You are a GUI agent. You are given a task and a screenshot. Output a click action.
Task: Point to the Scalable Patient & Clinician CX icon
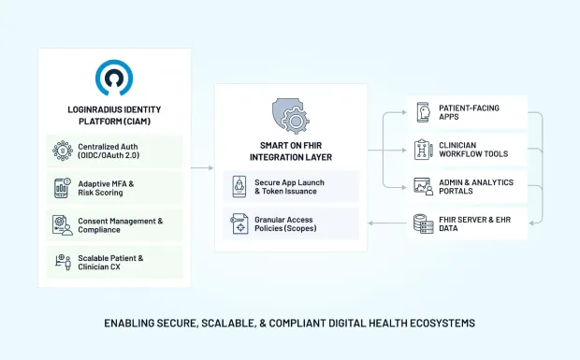[x=62, y=263]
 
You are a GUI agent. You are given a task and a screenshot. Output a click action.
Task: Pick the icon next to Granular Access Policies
[x=239, y=224]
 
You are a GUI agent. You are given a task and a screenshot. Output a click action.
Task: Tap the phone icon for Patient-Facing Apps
[x=422, y=113]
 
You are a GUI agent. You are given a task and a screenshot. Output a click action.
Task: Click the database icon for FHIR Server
[x=422, y=223]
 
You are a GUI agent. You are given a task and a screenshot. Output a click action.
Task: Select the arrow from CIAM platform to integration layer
[x=202, y=168]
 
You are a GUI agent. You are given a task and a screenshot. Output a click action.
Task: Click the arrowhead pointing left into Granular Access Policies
[x=370, y=224]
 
